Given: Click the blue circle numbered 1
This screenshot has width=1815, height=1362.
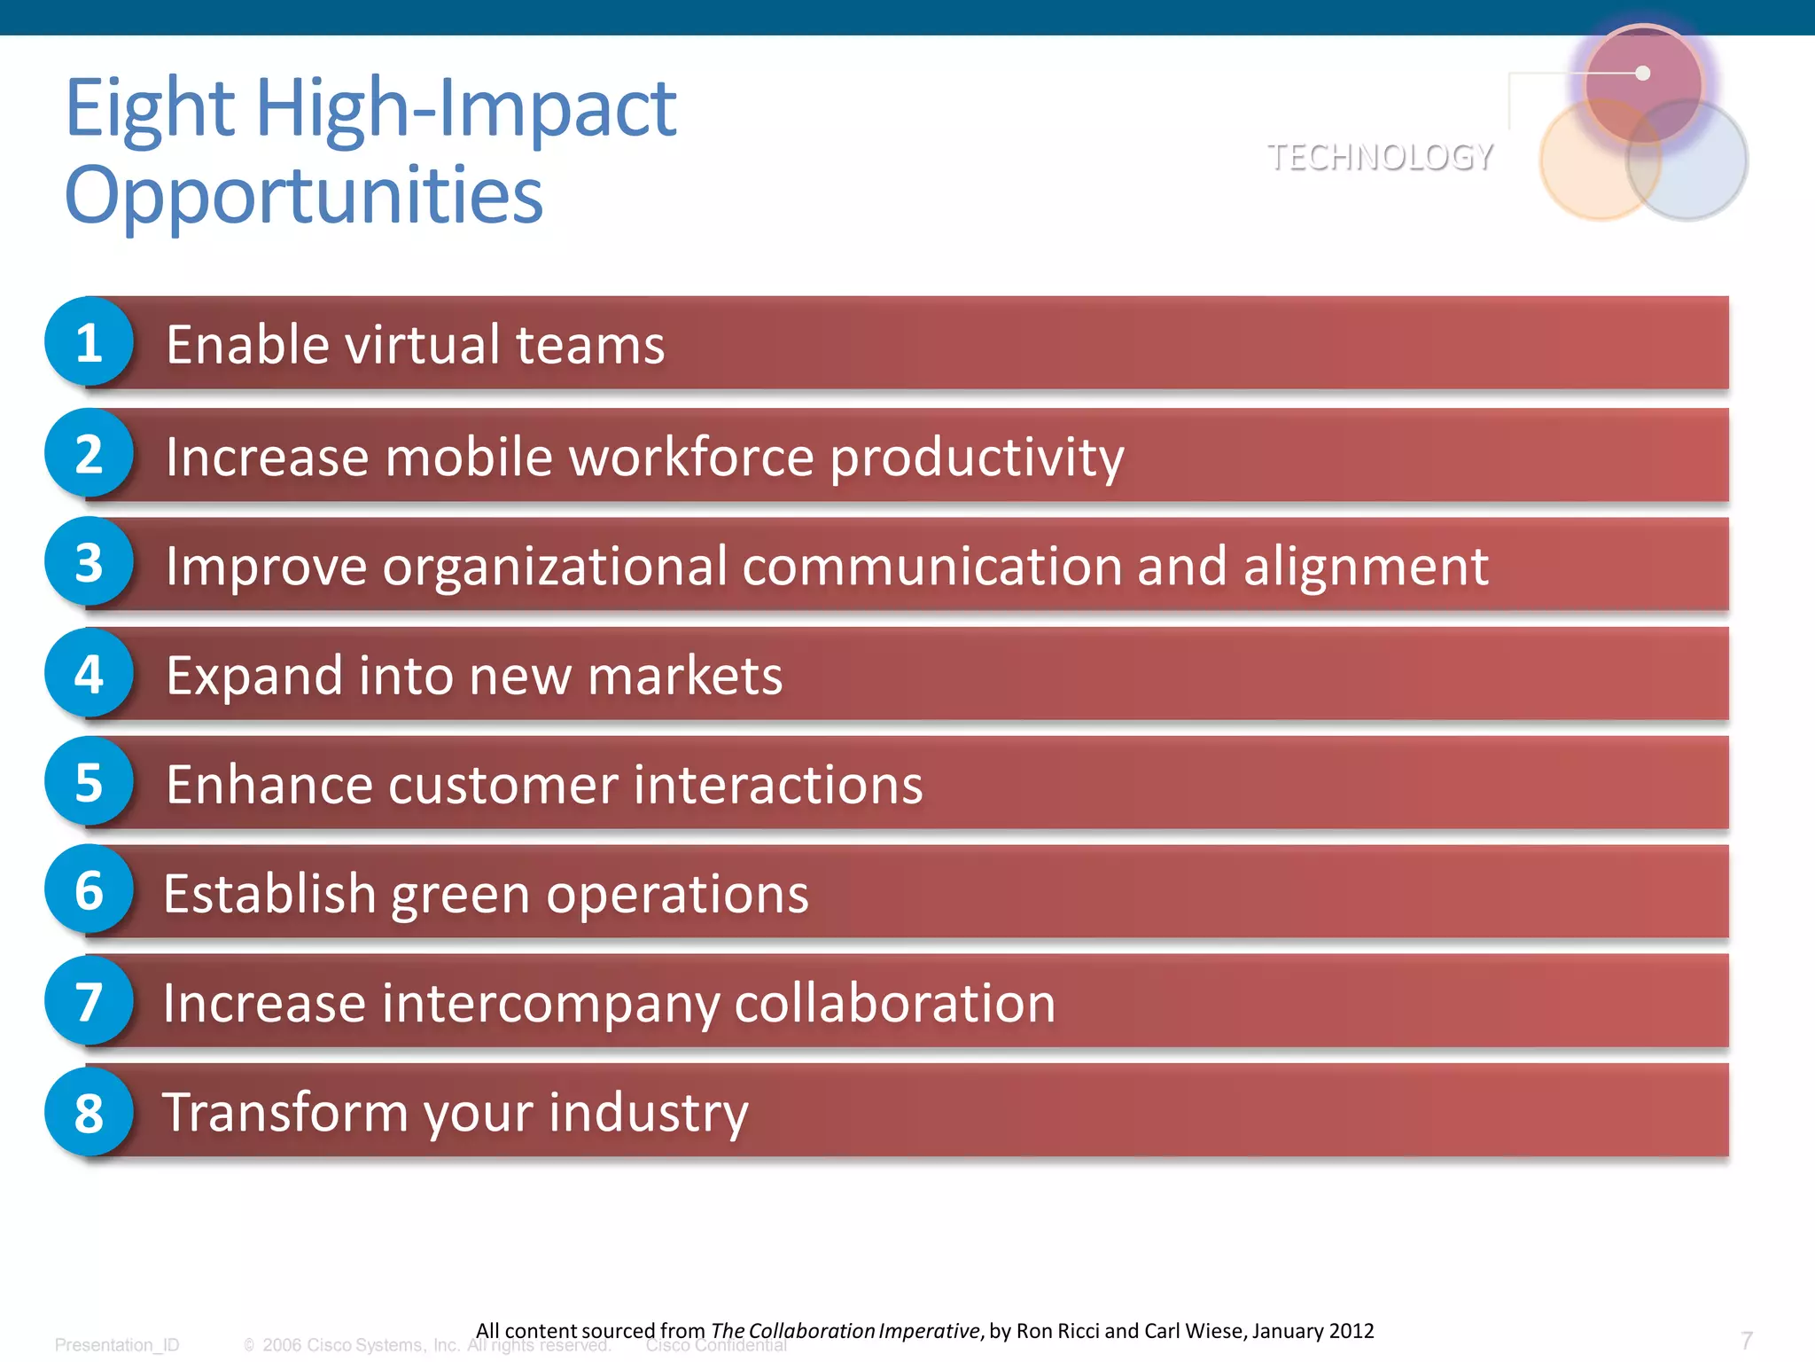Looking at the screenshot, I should point(89,342).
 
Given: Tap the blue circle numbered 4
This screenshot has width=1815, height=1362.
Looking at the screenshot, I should point(89,674).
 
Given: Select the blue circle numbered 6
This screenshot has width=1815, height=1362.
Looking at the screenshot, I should point(89,890).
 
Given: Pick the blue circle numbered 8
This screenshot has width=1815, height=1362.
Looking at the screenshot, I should point(89,1112).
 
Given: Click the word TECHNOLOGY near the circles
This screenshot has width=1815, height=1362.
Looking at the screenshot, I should point(1380,157).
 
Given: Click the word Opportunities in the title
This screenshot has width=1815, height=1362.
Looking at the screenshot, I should point(304,195).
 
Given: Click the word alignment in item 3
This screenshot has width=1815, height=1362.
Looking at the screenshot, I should point(1366,567).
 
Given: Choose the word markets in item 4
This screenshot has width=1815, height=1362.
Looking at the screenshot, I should point(685,676).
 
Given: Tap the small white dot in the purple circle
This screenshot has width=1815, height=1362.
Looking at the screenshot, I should point(1642,74).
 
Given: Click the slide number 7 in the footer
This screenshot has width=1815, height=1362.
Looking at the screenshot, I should point(1746,1340).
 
